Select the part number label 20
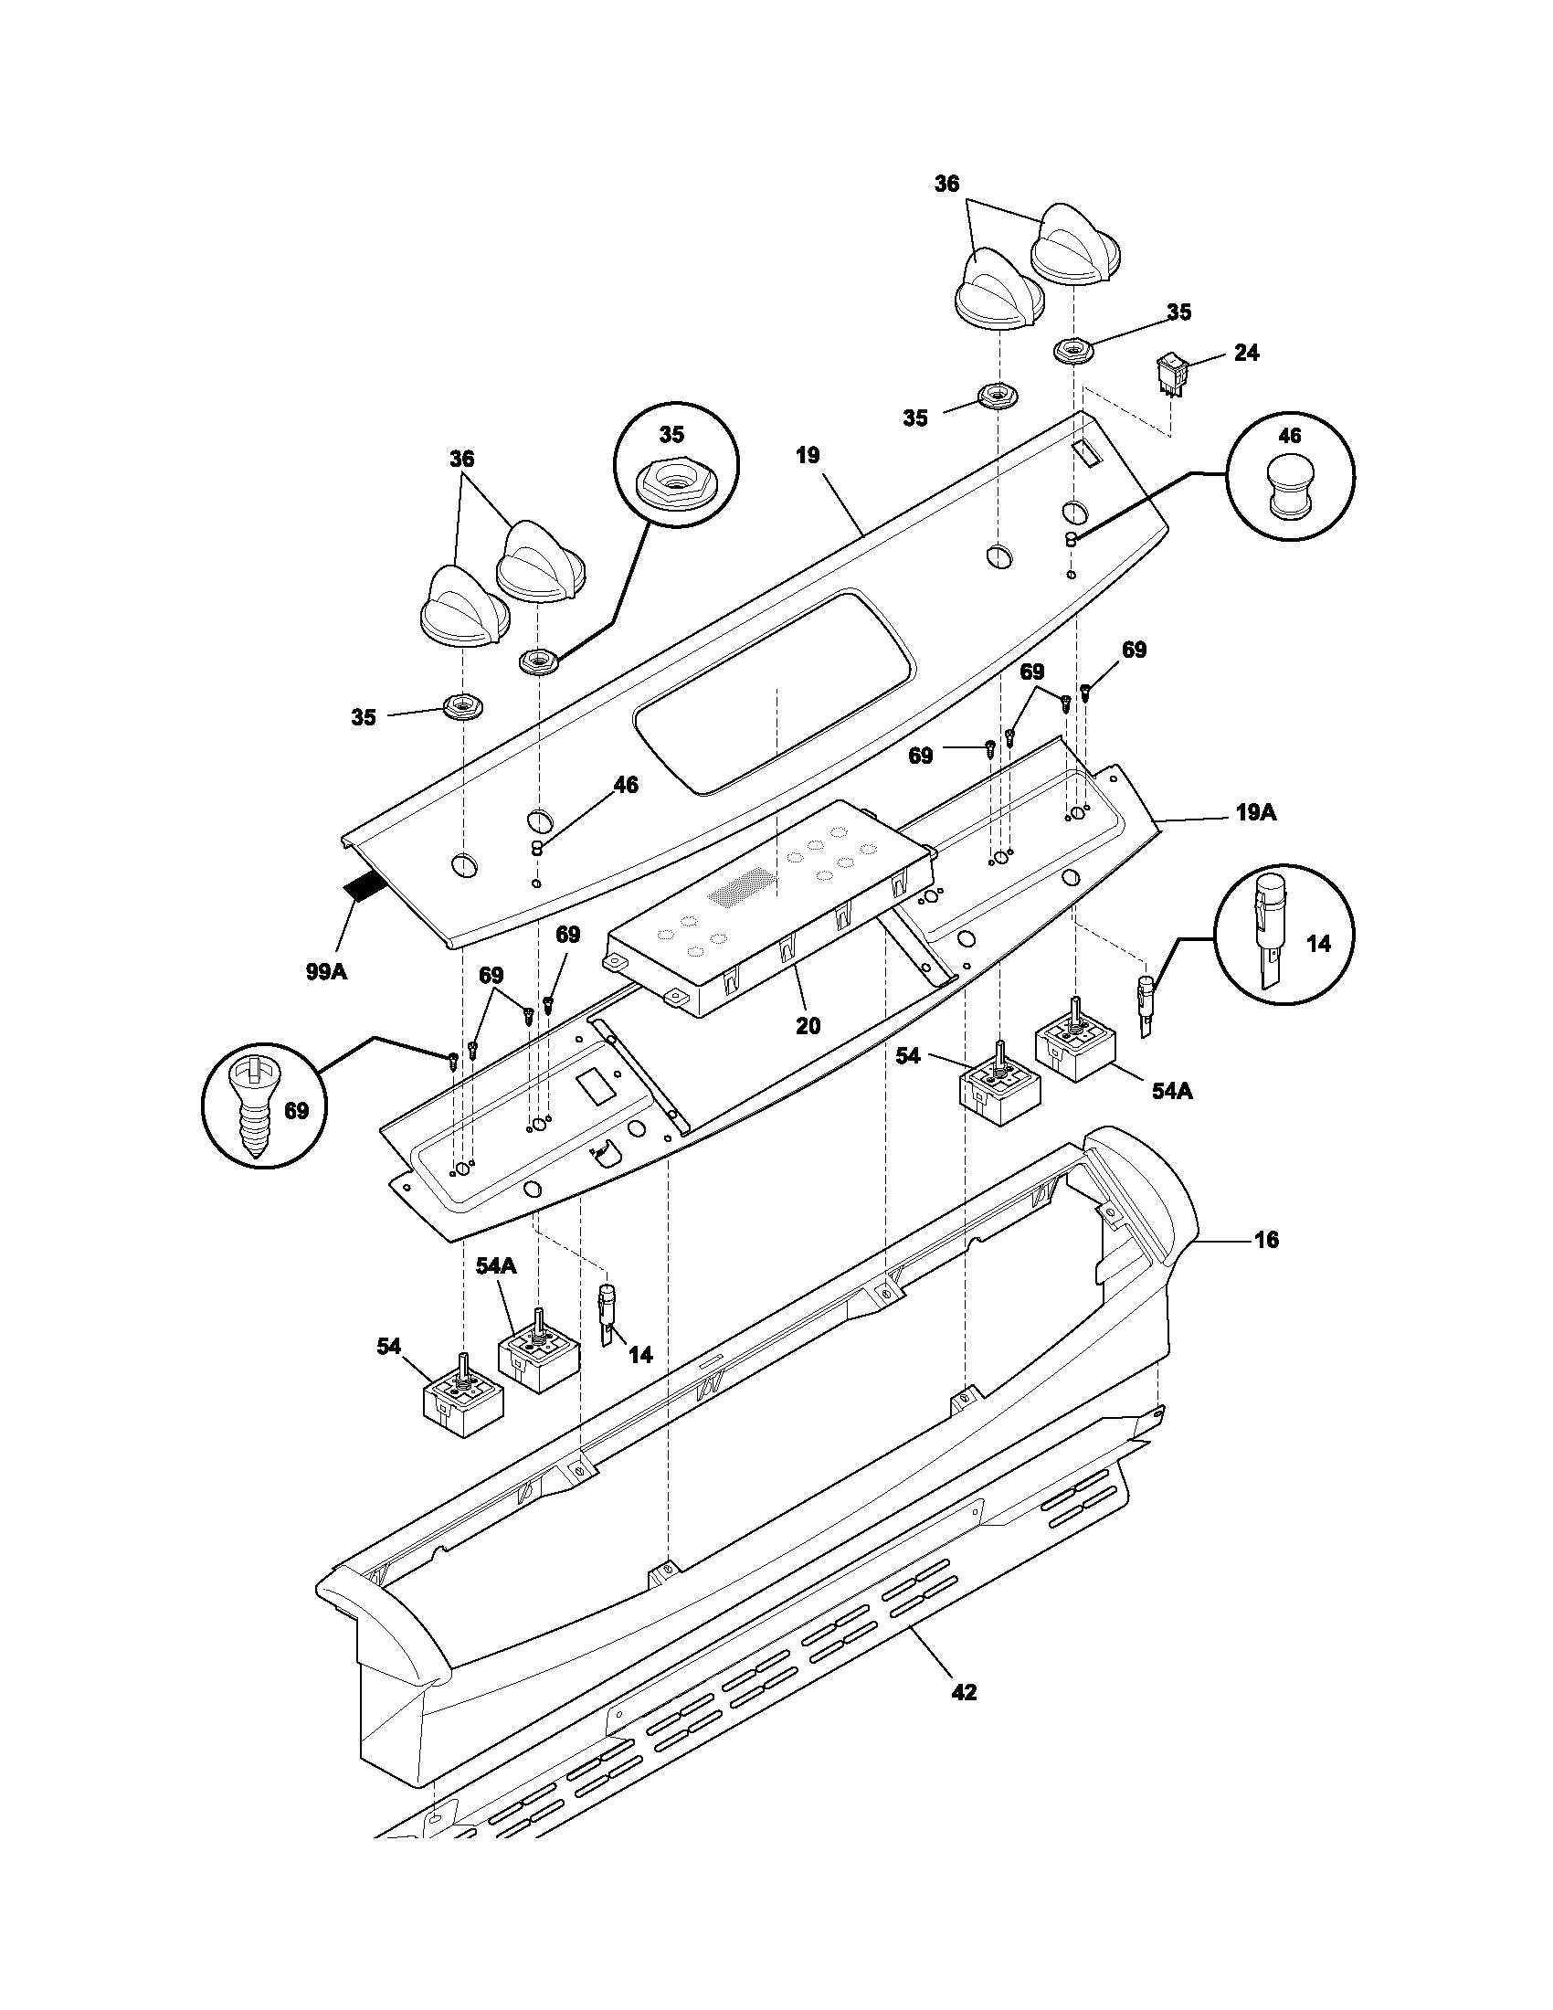pyautogui.click(x=808, y=1025)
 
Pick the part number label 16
pyautogui.click(x=1266, y=1240)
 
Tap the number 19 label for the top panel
pyautogui.click(x=808, y=456)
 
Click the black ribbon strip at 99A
pyautogui.click(x=366, y=888)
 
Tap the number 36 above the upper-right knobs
pyautogui.click(x=946, y=184)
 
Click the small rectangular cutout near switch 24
pyautogui.click(x=1082, y=450)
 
